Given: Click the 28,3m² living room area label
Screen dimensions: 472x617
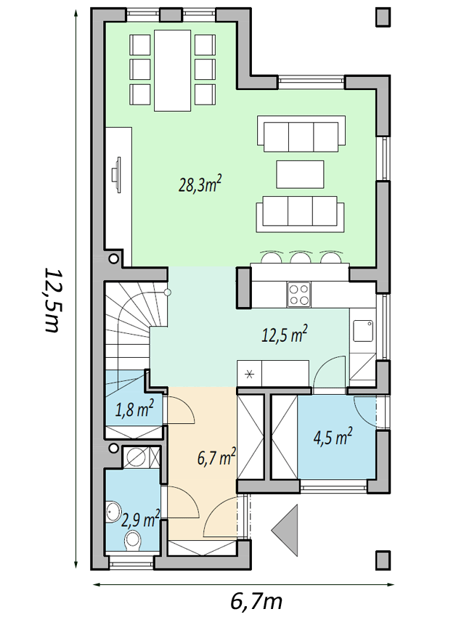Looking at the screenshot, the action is pyautogui.click(x=200, y=184).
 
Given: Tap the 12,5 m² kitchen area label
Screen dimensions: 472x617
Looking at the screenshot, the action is pyautogui.click(x=285, y=335).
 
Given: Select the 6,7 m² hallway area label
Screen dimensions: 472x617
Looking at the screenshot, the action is pyautogui.click(x=216, y=457).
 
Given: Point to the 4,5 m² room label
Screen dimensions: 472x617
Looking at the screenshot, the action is pyautogui.click(x=333, y=437).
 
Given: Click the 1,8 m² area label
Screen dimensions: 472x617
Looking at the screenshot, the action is pyautogui.click(x=134, y=409).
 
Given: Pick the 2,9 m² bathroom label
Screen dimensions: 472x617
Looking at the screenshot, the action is pyautogui.click(x=141, y=520).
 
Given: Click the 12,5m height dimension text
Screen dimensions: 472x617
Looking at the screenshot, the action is pyautogui.click(x=51, y=301).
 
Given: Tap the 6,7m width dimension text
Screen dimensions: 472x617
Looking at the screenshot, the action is pyautogui.click(x=256, y=601).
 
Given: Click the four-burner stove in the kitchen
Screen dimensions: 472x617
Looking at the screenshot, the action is pyautogui.click(x=298, y=295).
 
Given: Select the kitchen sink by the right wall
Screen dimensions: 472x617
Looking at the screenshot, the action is pyautogui.click(x=363, y=331).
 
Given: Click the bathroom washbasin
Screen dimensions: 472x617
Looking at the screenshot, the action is pyautogui.click(x=113, y=512).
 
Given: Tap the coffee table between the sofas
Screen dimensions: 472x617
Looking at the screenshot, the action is pyautogui.click(x=300, y=174).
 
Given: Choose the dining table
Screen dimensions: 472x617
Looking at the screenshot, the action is pyautogui.click(x=173, y=70).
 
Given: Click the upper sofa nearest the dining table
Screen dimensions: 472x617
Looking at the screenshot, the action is pyautogui.click(x=301, y=134).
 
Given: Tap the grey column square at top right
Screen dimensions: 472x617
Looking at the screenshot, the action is pyautogui.click(x=383, y=17).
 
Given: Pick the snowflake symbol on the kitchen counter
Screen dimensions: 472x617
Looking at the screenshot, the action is pyautogui.click(x=249, y=375).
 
